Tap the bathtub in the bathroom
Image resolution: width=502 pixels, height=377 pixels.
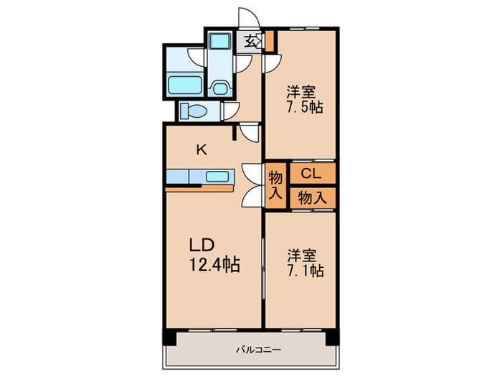[x=184, y=85]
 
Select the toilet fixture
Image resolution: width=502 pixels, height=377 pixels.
[x=193, y=111]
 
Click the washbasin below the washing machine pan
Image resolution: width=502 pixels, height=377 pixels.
[x=219, y=88]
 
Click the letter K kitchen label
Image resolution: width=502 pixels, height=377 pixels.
[x=202, y=150]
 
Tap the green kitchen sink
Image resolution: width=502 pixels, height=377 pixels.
[x=217, y=177]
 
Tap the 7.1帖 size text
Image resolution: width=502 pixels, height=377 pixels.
[x=306, y=271]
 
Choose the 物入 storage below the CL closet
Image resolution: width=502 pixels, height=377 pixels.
[x=312, y=197]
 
